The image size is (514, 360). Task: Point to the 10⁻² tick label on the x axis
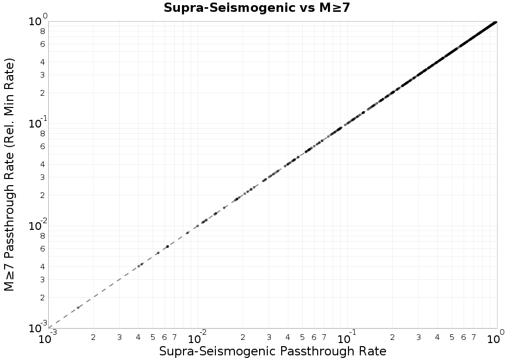[197, 338]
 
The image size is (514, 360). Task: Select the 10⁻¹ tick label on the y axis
[36, 124]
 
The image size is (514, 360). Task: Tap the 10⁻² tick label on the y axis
[36, 226]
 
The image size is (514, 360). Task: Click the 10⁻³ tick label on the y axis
[36, 328]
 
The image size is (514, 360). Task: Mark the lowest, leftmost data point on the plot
[78, 308]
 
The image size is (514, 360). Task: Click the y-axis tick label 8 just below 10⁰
[43, 31]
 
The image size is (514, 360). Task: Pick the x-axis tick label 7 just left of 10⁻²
[174, 337]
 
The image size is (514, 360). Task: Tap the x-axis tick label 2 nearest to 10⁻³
[94, 337]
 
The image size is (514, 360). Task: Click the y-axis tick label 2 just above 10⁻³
[43, 297]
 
